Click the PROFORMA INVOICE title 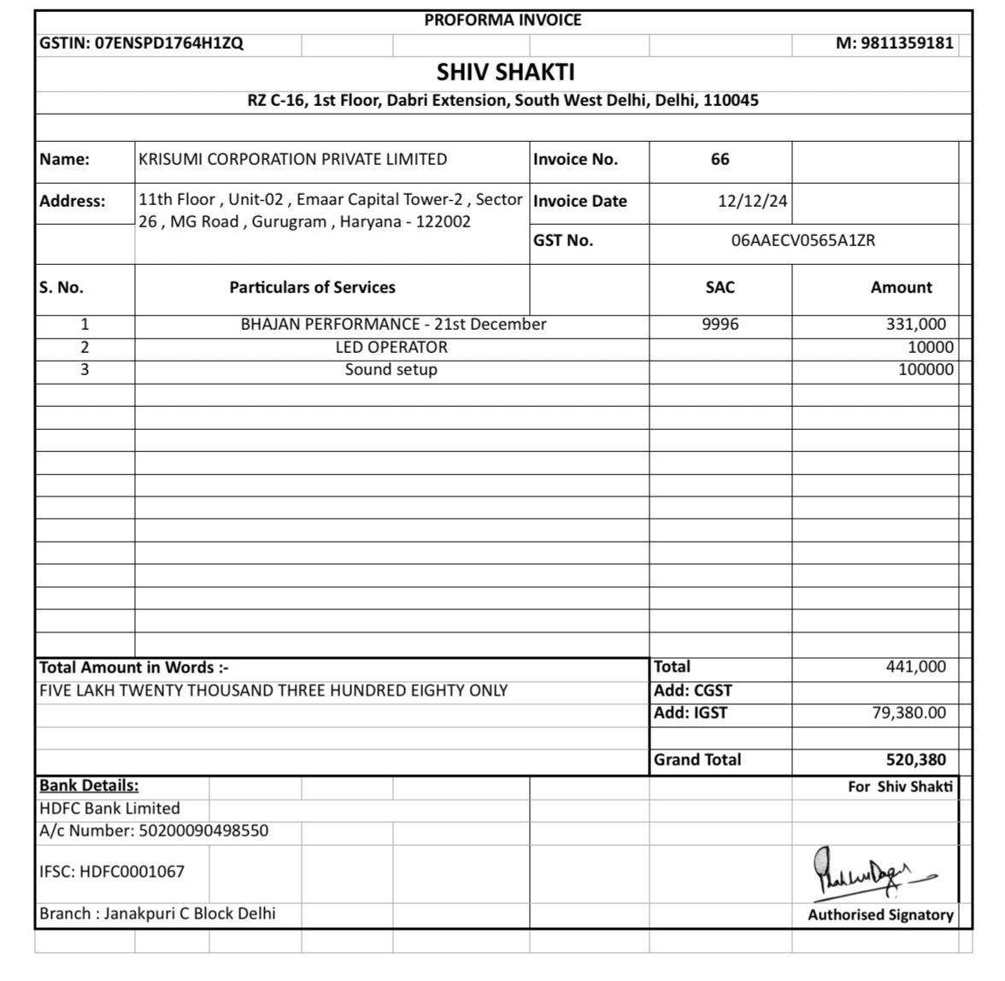502,21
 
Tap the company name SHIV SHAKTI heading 505,72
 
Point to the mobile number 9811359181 907,44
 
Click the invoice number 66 720,160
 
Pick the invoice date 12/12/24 752,202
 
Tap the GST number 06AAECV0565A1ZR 802,241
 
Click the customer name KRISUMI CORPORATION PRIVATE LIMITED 292,160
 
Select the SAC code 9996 720,325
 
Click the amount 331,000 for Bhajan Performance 915,325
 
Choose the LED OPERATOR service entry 391,348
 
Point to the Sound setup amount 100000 926,370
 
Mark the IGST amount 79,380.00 908,714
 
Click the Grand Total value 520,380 915,760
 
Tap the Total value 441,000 915,667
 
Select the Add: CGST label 693,690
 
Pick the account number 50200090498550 203,831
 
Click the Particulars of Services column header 312,288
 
